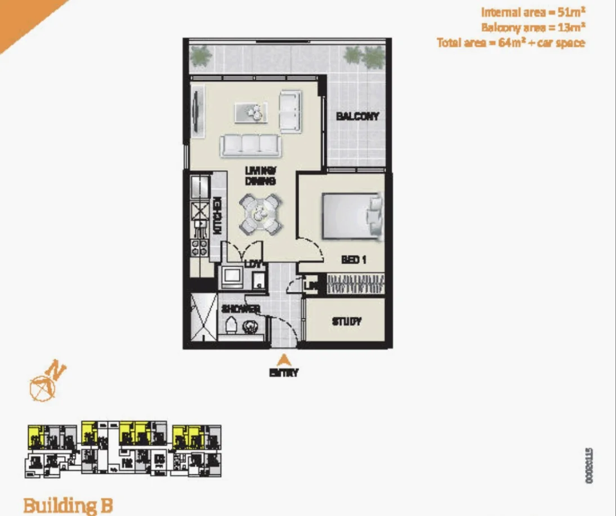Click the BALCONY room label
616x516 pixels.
(357, 117)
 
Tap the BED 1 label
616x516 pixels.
(354, 260)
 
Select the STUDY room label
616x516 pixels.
(346, 322)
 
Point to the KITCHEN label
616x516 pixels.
(217, 215)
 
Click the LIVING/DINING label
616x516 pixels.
(260, 175)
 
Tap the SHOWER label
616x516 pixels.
(240, 309)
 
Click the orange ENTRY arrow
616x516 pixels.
(285, 359)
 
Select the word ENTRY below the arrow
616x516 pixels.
(284, 372)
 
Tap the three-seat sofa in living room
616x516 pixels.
(250, 145)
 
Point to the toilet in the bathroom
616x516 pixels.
(230, 325)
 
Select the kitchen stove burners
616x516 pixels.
(200, 248)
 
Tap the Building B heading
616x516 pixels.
(68, 505)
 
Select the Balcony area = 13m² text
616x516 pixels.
(532, 27)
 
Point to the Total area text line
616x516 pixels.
(511, 42)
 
